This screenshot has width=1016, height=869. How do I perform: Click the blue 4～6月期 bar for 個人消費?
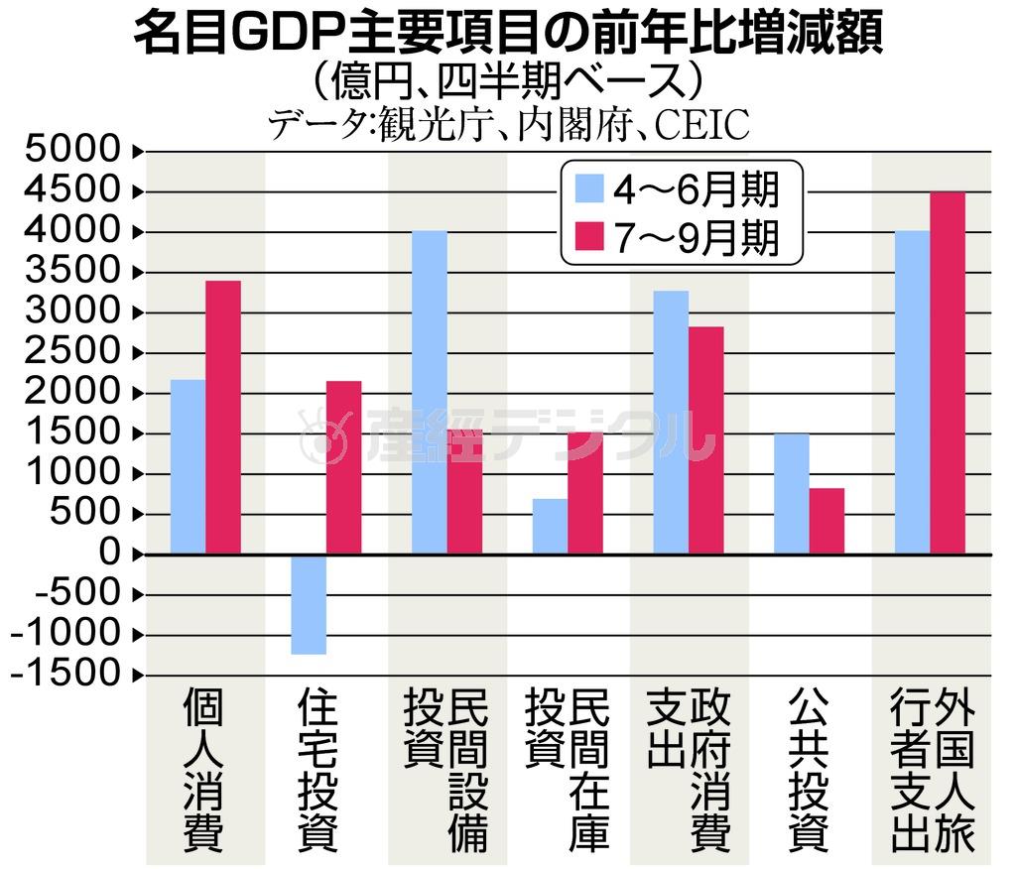[x=188, y=465]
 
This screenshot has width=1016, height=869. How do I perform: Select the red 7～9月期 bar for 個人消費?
[x=223, y=417]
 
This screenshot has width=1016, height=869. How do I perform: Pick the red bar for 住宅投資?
[x=344, y=466]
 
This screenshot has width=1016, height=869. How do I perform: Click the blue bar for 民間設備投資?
[x=430, y=392]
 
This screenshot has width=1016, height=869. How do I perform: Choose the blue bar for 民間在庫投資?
[x=550, y=525]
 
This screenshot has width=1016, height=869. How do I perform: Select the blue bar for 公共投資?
[x=792, y=493]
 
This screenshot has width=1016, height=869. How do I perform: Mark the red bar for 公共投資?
[x=827, y=520]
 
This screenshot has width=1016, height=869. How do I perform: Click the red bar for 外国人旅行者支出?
[x=948, y=372]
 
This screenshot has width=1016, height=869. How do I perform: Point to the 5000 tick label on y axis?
[x=68, y=152]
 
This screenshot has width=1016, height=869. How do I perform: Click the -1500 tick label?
[x=64, y=675]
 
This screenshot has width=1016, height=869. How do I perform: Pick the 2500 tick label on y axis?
[x=68, y=352]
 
